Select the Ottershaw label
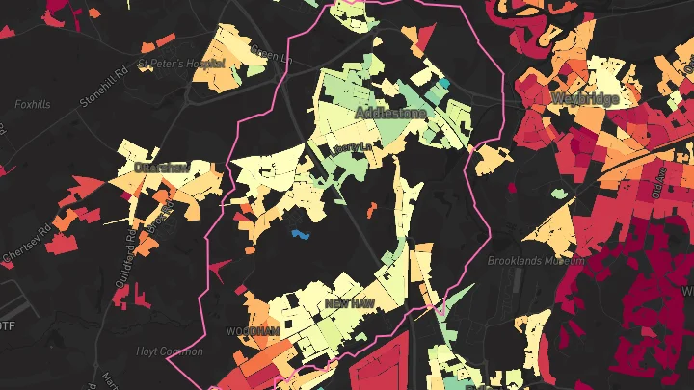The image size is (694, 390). pyautogui.click(x=161, y=167)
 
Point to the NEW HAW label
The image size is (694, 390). pyautogui.click(x=349, y=303)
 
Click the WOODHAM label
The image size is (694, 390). pyautogui.click(x=252, y=330)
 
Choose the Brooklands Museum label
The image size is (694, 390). pyautogui.click(x=535, y=261)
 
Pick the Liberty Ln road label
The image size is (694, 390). pyautogui.click(x=351, y=146)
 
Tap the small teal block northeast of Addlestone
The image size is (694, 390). pyautogui.click(x=444, y=84)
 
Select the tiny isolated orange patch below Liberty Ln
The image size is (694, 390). pyautogui.click(x=371, y=208)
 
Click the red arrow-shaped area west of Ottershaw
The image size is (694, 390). pyautogui.click(x=85, y=186)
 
